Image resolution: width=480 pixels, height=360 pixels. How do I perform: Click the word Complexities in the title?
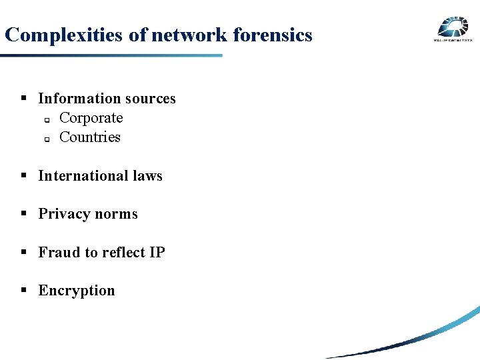64,35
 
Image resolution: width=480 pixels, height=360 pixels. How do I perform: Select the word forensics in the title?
272,35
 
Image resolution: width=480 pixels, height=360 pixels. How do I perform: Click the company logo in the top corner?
453,29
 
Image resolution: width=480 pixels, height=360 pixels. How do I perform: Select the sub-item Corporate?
91,118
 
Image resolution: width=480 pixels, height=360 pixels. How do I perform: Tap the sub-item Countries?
89,137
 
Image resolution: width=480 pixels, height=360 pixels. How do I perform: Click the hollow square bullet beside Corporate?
47,120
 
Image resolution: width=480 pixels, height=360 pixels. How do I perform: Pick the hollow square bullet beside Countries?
47,139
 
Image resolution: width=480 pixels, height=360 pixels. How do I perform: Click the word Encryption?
77,291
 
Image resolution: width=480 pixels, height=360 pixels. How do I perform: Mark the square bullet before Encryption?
23,290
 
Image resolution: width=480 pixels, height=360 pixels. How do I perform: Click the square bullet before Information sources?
23,98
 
